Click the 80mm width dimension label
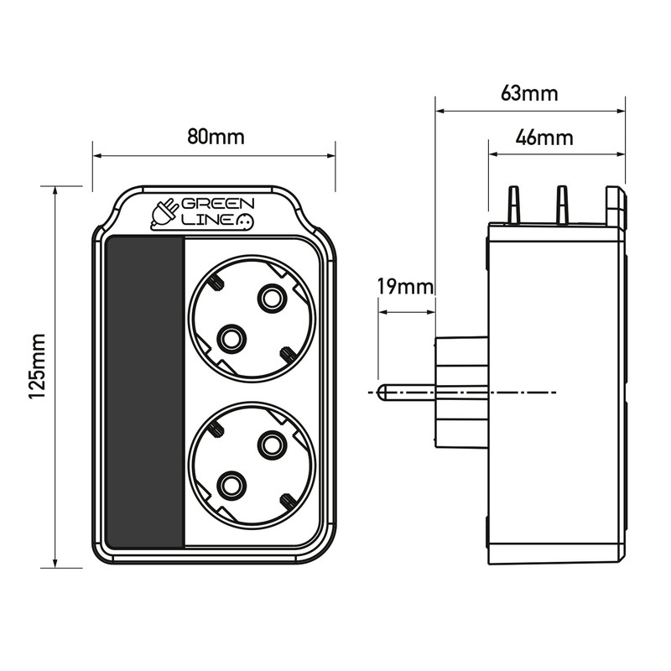click(x=216, y=137)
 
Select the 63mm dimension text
click(x=529, y=92)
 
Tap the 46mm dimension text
click(x=544, y=138)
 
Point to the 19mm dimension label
click(x=405, y=287)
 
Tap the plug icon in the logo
click(x=164, y=214)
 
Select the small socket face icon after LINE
click(x=246, y=221)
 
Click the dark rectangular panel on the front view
click(x=145, y=392)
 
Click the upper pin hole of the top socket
click(x=272, y=297)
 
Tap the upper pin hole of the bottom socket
click(x=272, y=444)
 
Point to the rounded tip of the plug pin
click(x=382, y=393)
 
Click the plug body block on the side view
click(x=460, y=393)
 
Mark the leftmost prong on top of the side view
click(x=512, y=205)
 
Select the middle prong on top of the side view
click(x=562, y=205)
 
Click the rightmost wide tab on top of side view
click(x=616, y=206)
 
